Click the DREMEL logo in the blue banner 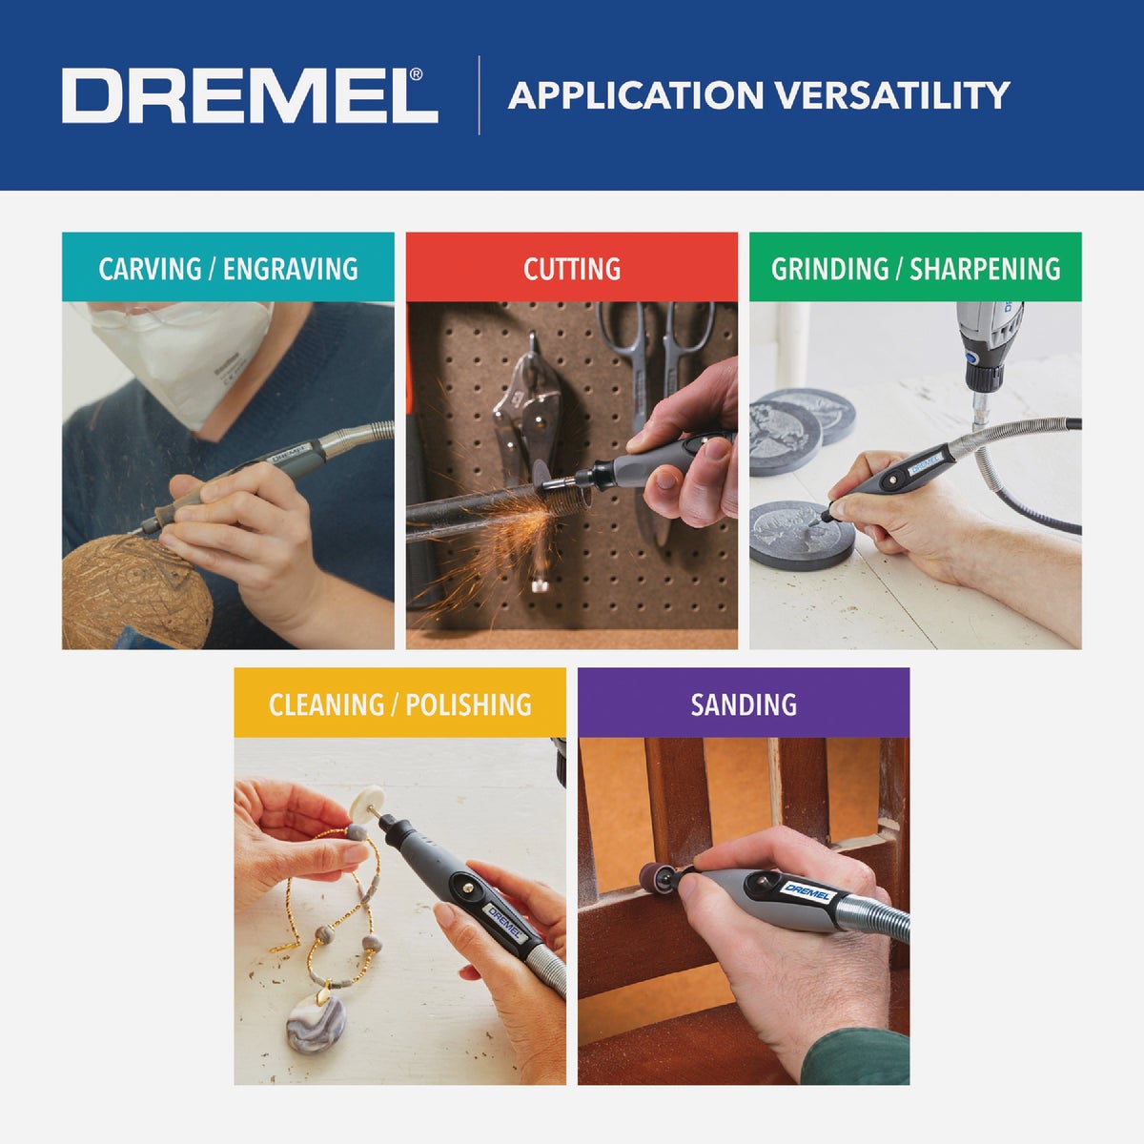pyautogui.click(x=249, y=95)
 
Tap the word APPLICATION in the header pyautogui.click(x=636, y=95)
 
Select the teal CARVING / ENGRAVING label pyautogui.click(x=228, y=268)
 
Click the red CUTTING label pyautogui.click(x=572, y=268)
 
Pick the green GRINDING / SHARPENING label pyautogui.click(x=915, y=268)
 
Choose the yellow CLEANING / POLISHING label pyautogui.click(x=399, y=704)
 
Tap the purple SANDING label pyautogui.click(x=744, y=704)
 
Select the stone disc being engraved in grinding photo pyautogui.click(x=801, y=534)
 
